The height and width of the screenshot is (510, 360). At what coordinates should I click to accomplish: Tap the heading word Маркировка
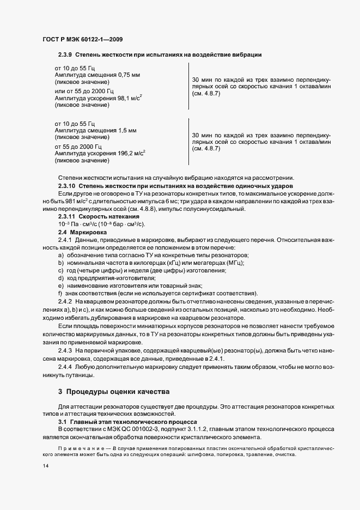[91, 232]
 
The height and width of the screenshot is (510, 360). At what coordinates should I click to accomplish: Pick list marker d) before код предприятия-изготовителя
[60, 278]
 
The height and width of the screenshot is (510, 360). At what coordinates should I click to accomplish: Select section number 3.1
[62, 422]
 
